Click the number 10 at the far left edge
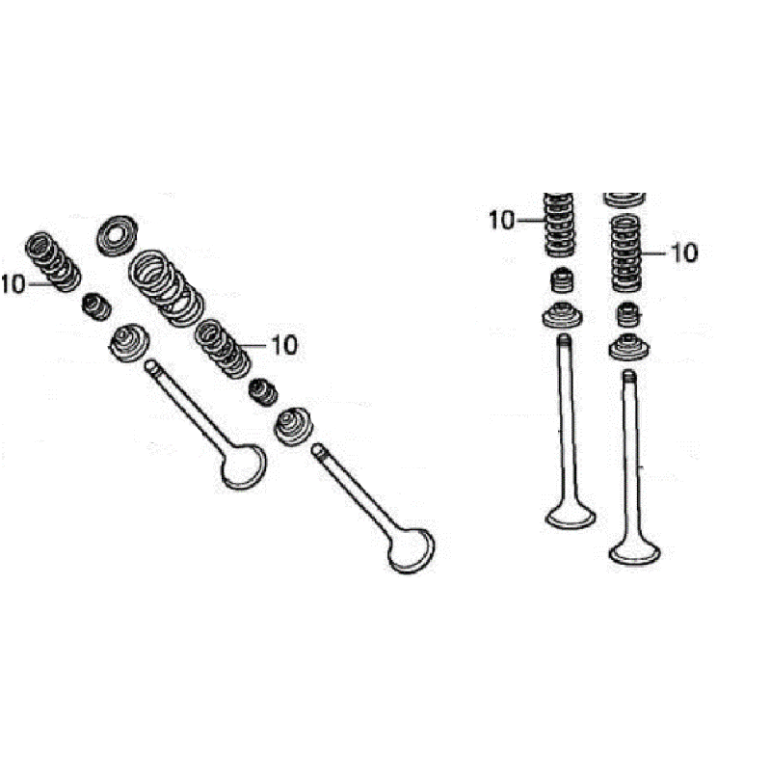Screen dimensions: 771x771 [13, 284]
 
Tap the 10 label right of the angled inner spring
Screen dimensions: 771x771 [284, 345]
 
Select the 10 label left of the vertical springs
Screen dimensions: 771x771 [501, 221]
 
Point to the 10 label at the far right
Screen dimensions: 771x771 [684, 253]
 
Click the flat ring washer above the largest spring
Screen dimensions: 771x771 [117, 235]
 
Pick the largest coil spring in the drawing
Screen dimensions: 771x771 [166, 288]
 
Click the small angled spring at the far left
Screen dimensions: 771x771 [53, 261]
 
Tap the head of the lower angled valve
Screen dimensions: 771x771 [412, 550]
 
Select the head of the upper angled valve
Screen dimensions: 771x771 [244, 466]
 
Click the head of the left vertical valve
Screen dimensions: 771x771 [571, 517]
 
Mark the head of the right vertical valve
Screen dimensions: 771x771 [634, 552]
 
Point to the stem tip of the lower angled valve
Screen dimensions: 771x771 [318, 449]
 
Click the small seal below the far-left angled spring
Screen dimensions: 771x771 [95, 306]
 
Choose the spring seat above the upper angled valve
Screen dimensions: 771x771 [129, 342]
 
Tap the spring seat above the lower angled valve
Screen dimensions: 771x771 [294, 426]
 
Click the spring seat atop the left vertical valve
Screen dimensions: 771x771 [563, 316]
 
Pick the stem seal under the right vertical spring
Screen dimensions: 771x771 [628, 315]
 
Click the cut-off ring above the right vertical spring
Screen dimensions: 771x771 [625, 199]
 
